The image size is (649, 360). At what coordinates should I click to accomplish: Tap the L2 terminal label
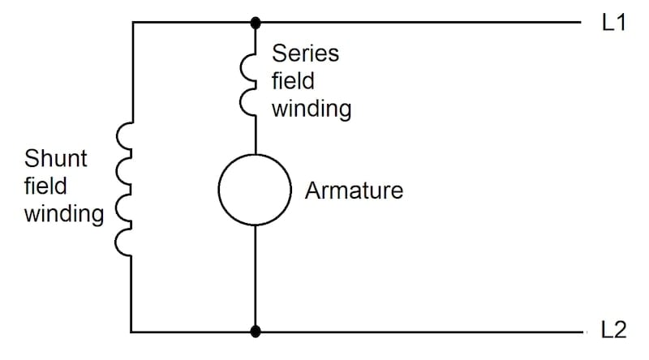point(613,331)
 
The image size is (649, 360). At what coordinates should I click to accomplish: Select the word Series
point(305,54)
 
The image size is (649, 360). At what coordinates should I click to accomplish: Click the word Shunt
point(56,157)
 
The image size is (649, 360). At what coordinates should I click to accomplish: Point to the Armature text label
point(354,191)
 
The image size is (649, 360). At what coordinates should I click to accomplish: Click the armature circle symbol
point(255,190)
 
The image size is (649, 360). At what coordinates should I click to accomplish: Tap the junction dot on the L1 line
point(256,23)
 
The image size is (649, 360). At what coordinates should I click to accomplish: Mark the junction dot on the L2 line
point(256,332)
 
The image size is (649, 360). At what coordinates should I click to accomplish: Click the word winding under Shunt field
point(63,215)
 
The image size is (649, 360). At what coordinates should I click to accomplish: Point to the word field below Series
point(292,82)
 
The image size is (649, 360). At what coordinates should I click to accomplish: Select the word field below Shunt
point(45,186)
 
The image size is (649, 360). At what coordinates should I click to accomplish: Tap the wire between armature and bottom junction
point(256,276)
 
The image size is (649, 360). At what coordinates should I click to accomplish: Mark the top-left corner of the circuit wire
point(131,23)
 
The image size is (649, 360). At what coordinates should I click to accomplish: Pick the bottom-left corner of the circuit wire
point(131,332)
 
